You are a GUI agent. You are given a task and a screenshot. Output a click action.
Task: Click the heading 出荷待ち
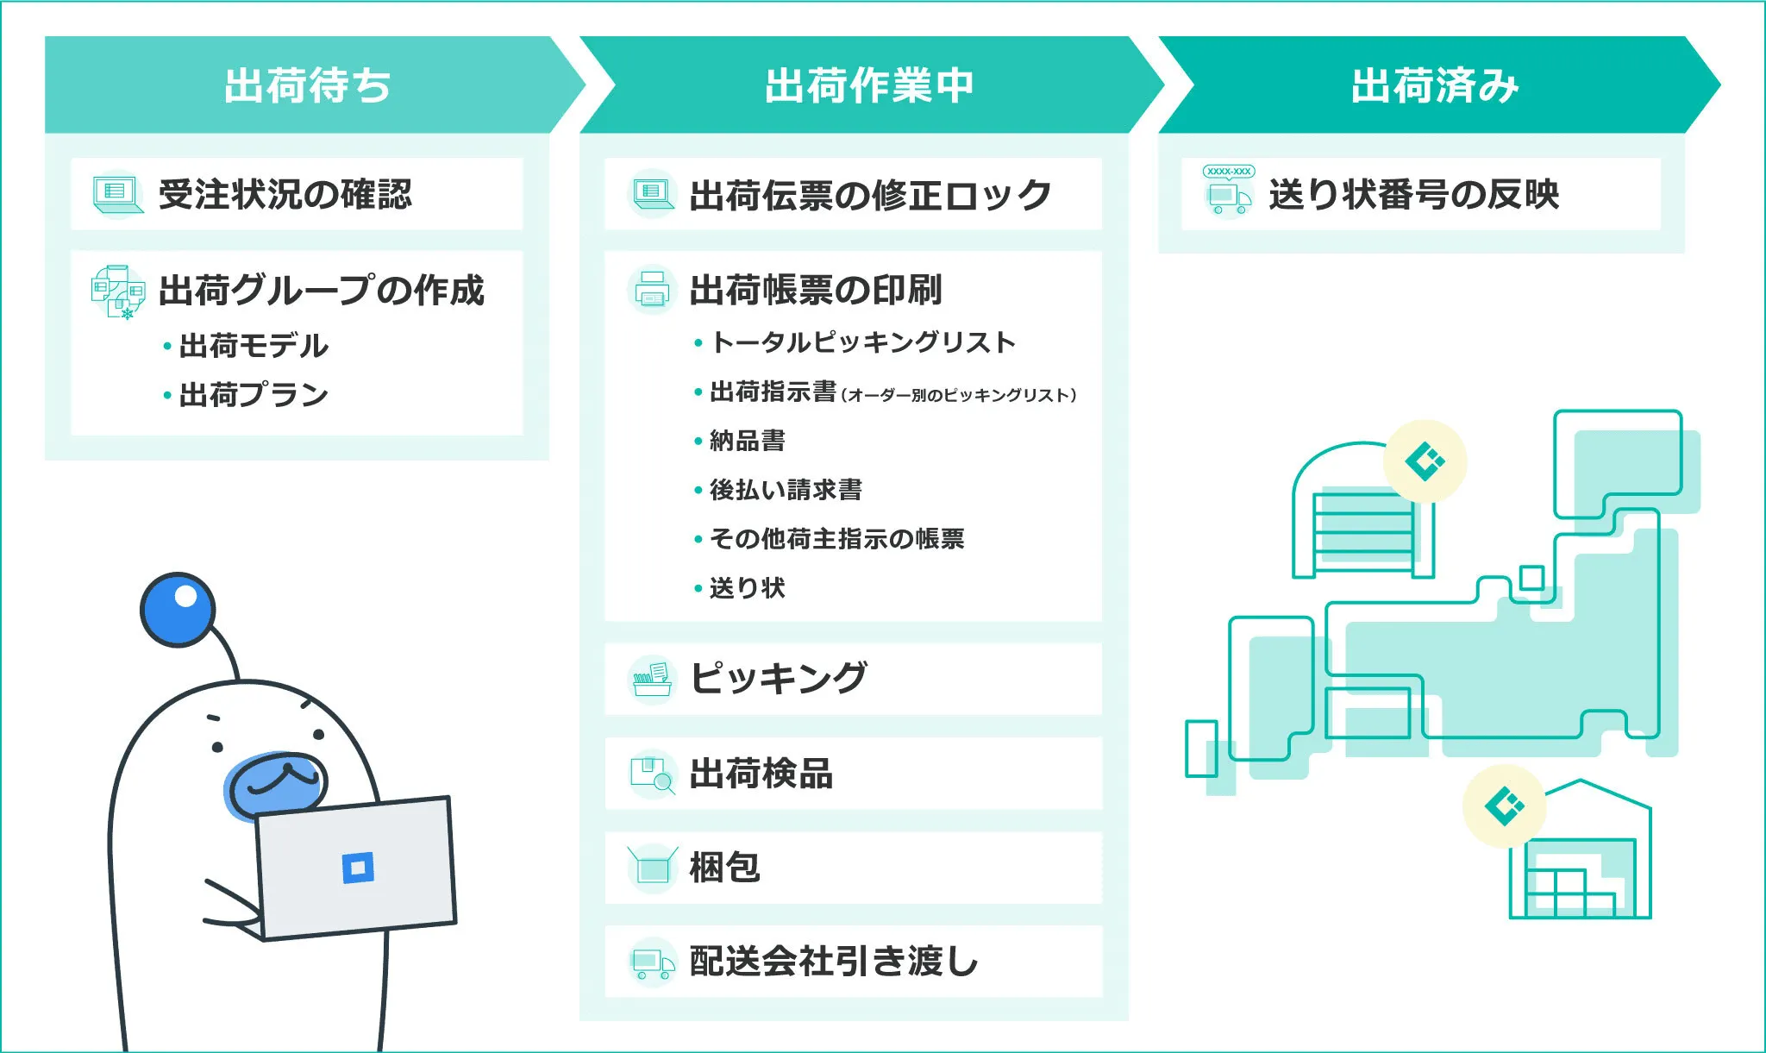pyautogui.click(x=307, y=85)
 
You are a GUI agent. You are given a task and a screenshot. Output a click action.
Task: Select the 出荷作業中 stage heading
pyautogui.click(x=869, y=85)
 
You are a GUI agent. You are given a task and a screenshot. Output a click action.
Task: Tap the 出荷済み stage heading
pyautogui.click(x=1434, y=85)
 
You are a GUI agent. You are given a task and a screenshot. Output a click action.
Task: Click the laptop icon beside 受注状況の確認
pyautogui.click(x=116, y=194)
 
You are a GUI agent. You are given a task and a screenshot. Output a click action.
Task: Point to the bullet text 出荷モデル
pyautogui.click(x=254, y=346)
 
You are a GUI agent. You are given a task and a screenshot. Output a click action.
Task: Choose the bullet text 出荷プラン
pyautogui.click(x=254, y=395)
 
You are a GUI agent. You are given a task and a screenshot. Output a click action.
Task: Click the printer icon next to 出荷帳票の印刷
pyautogui.click(x=652, y=290)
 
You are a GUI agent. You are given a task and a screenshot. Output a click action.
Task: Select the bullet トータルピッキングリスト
pyautogui.click(x=862, y=342)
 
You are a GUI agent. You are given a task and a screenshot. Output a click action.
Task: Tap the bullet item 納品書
pyautogui.click(x=747, y=441)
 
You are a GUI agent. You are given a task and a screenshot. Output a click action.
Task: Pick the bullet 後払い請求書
pyautogui.click(x=785, y=490)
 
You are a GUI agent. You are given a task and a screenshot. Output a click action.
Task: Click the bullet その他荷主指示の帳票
pyautogui.click(x=836, y=539)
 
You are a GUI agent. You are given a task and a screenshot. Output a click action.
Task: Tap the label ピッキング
pyautogui.click(x=778, y=678)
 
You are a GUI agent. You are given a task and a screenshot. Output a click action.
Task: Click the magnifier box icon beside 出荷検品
pyautogui.click(x=652, y=774)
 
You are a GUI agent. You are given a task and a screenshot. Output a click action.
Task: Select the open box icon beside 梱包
pyautogui.click(x=652, y=867)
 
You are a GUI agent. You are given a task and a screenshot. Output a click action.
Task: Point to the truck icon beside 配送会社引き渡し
pyautogui.click(x=652, y=962)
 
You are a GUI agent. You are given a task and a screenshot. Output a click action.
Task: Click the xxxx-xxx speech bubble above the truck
pyautogui.click(x=1229, y=171)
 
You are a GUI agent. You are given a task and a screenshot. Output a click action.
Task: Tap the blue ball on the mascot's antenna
pyautogui.click(x=178, y=609)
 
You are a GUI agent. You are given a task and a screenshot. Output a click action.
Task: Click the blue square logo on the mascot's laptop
pyautogui.click(x=358, y=867)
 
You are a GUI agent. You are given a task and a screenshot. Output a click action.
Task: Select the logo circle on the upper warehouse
pyautogui.click(x=1425, y=461)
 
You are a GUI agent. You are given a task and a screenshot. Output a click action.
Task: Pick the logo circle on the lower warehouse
pyautogui.click(x=1504, y=805)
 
